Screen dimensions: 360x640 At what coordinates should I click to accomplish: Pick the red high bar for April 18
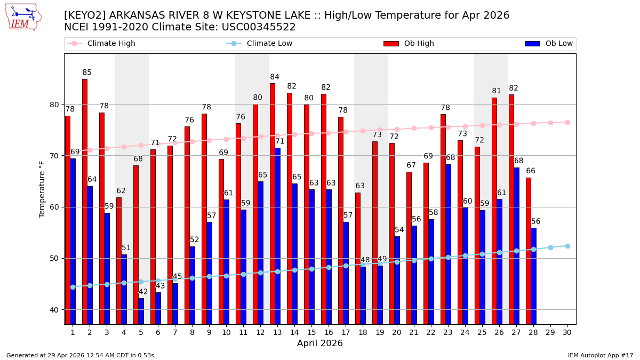pos(358,258)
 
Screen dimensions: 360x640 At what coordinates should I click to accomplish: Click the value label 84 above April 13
pos(275,77)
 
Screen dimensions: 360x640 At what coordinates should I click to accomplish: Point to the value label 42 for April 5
pos(143,292)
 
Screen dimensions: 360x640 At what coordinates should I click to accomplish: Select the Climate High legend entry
pos(101,44)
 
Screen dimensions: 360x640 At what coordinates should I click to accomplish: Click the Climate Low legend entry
pos(259,44)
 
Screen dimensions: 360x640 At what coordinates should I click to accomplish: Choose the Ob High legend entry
pos(409,44)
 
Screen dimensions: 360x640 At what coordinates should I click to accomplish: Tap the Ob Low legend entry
pos(549,44)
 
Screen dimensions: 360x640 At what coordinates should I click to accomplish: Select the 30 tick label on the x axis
pos(567,332)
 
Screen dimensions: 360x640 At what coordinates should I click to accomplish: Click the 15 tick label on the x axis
pos(311,332)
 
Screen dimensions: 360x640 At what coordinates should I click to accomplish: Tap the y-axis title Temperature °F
pos(42,189)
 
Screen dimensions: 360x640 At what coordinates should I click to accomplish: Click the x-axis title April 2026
pos(320,343)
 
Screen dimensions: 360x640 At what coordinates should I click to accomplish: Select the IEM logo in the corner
pos(23,17)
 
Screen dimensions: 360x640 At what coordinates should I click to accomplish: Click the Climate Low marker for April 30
pos(567,246)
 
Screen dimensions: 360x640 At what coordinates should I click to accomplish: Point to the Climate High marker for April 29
pos(550,123)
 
